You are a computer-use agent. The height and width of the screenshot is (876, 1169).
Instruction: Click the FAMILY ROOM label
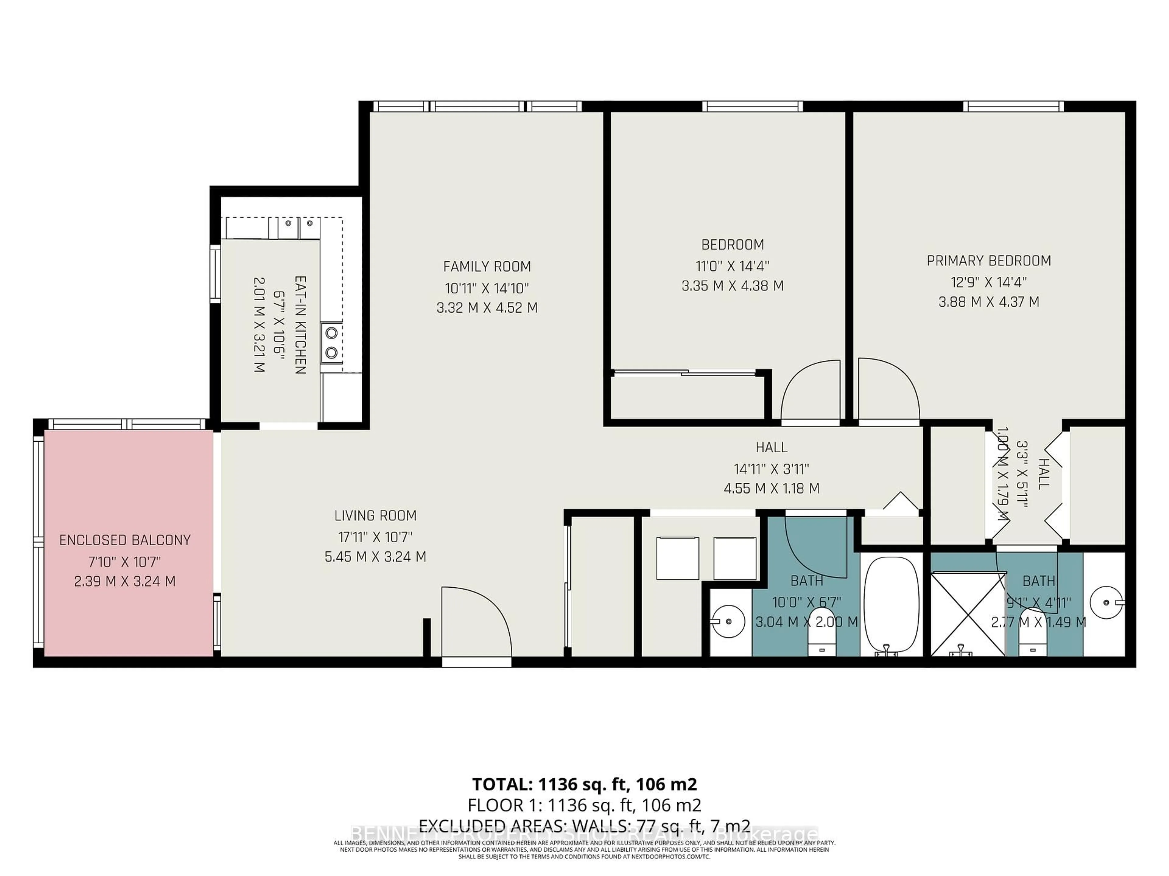(x=487, y=267)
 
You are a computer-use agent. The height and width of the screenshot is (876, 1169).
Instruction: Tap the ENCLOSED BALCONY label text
(x=125, y=540)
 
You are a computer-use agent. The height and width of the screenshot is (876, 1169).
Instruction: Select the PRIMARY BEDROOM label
(x=988, y=261)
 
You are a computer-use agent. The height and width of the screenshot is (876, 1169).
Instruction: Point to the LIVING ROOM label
(x=375, y=515)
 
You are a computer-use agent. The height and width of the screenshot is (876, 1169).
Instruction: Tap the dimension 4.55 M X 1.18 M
(x=771, y=488)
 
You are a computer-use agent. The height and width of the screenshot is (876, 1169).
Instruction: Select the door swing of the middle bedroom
(x=810, y=391)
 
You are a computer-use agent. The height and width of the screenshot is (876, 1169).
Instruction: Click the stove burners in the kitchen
(x=331, y=343)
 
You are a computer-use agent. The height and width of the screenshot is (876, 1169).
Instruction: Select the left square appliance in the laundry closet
(x=678, y=558)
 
